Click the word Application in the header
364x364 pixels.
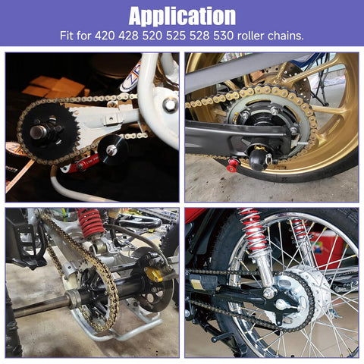182,16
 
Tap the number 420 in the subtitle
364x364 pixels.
105,36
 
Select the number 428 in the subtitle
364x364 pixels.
128,36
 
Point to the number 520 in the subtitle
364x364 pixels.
152,36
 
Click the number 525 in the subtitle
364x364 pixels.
176,36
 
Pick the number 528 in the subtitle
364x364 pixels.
199,36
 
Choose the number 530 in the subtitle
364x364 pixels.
224,36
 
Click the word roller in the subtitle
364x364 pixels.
251,36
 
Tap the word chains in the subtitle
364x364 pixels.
286,36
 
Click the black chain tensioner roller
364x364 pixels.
113,150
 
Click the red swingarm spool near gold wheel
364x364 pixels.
231,166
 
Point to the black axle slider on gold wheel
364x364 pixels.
257,156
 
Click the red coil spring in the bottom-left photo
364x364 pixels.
90,222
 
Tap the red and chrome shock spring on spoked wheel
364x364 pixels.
254,231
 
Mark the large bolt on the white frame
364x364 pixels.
170,105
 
